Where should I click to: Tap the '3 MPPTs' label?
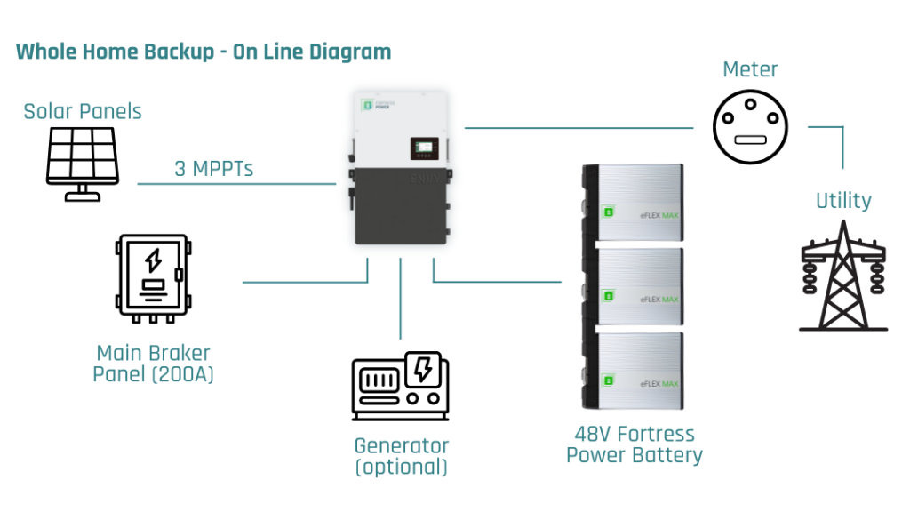213,168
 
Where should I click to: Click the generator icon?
400,386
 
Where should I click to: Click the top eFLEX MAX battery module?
632,204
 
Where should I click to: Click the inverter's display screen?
424,148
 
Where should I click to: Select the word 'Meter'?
750,69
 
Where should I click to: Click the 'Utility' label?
843,201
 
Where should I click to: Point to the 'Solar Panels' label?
83,111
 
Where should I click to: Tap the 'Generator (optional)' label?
401,456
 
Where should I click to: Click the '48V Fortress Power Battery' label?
635,444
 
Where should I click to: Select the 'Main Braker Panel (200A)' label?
153,363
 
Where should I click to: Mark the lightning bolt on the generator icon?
423,369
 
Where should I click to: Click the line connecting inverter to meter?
578,128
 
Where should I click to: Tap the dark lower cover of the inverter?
398,206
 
